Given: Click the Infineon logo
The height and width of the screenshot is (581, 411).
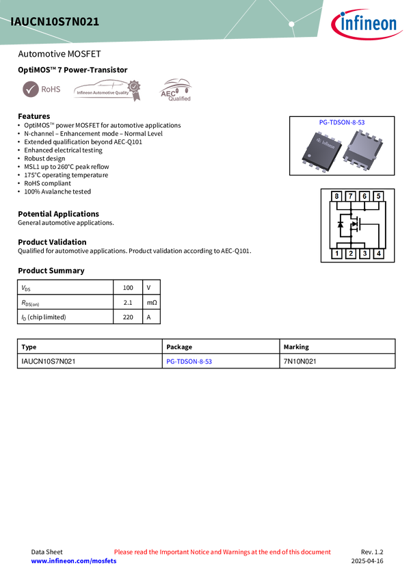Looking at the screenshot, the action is coord(366,24).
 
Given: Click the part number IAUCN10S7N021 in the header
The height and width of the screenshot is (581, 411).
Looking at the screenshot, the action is coord(55,22).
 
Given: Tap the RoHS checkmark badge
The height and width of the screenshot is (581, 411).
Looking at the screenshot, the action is coord(41,90).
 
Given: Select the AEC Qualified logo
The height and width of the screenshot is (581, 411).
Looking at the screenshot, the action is coord(176,90).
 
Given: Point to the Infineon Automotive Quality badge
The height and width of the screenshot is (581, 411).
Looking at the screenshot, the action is coord(107,90).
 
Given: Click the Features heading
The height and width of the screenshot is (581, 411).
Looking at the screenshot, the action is coord(34,116).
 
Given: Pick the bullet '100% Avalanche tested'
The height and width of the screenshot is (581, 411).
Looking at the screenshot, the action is coord(57,191).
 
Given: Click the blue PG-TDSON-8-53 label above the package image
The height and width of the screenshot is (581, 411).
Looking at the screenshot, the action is coord(342,122).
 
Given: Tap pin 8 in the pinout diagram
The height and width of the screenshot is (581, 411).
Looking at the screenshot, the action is coord(336,196).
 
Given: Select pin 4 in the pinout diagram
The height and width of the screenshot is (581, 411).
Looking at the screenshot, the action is coord(378,254).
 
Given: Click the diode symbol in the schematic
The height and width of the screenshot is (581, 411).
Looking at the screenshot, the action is coord(341,224).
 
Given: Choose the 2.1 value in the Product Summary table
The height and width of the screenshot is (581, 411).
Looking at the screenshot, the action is coord(128,302).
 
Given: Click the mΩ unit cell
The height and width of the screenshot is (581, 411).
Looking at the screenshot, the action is coord(152,302).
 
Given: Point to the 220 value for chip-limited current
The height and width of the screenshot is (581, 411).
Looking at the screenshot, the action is coord(128,317).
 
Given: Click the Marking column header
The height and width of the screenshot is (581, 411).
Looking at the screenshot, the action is coord(296,347).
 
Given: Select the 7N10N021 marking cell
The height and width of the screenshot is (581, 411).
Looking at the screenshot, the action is coord(300,362).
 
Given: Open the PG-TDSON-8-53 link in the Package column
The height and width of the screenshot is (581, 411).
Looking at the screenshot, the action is coord(189,362).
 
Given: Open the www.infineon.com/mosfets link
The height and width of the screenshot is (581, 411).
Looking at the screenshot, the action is coord(74,561).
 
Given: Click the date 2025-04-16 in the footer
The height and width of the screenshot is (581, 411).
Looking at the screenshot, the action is coord(367,561).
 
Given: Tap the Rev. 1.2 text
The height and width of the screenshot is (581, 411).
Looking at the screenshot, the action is coord(372,552).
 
